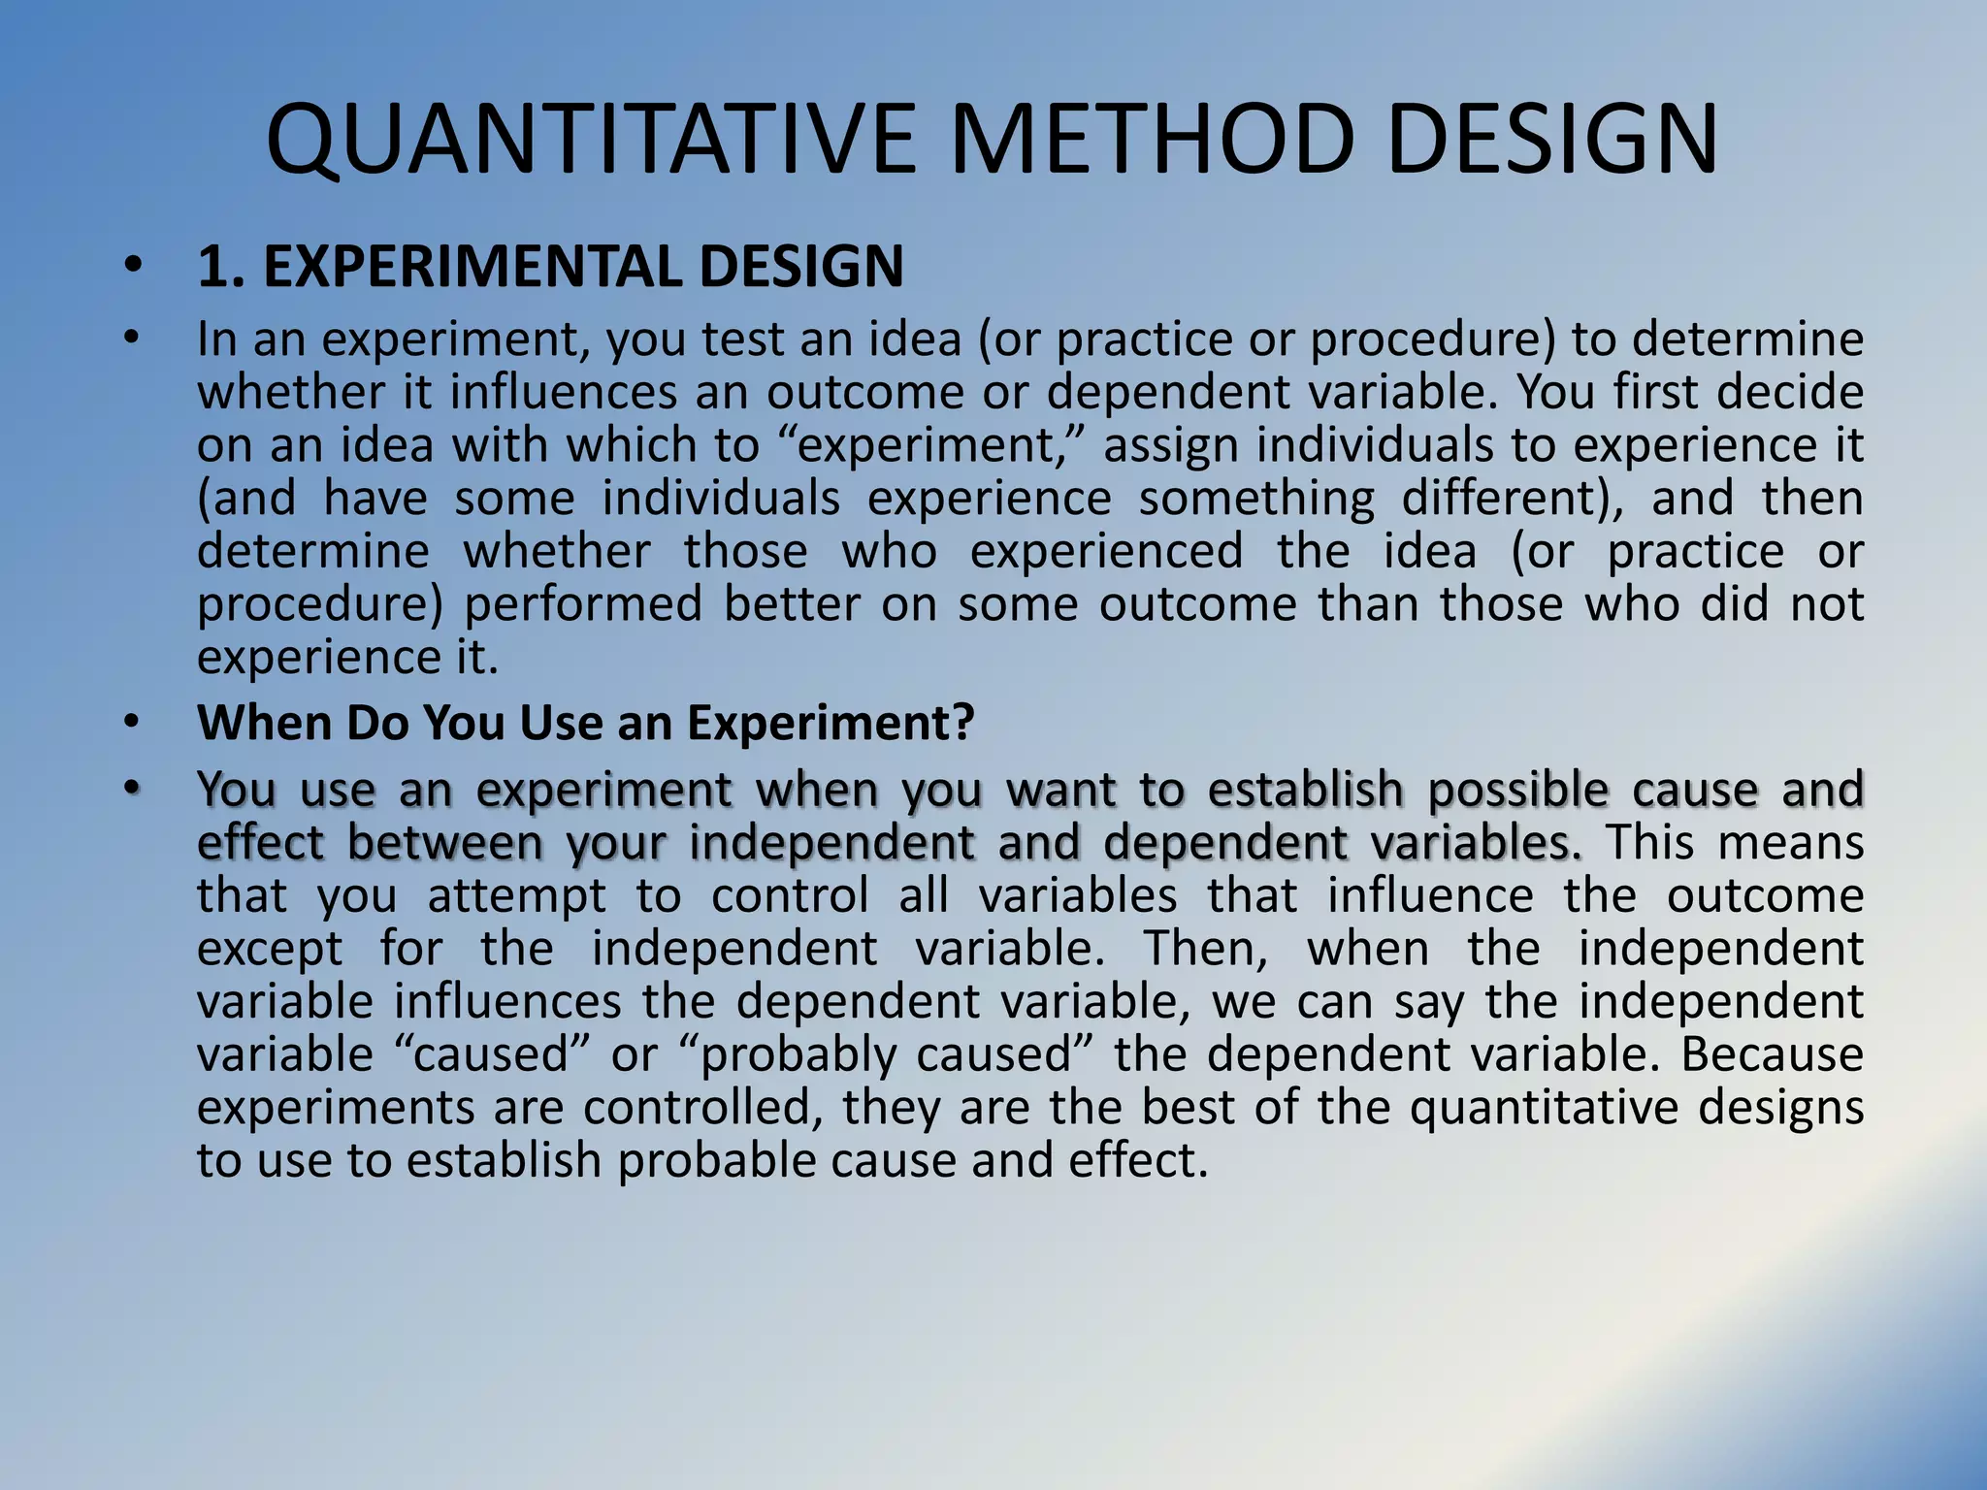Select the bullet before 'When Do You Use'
(x=133, y=722)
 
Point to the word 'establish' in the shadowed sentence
(x=1305, y=790)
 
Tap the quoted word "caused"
(x=490, y=1054)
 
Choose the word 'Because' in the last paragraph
(x=1772, y=1054)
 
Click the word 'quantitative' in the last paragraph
(x=1544, y=1109)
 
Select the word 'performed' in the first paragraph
(x=582, y=605)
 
